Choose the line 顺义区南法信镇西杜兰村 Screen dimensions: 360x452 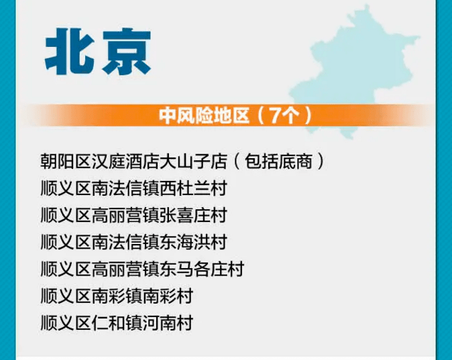pos(133,188)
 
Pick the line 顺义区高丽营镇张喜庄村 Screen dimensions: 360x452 pos(133,215)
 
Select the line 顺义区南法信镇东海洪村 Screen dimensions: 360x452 pos(133,242)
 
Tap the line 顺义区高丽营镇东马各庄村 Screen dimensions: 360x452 pos(142,269)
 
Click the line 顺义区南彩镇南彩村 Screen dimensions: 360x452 pos(117,296)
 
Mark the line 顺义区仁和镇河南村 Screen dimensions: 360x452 pos(117,322)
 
